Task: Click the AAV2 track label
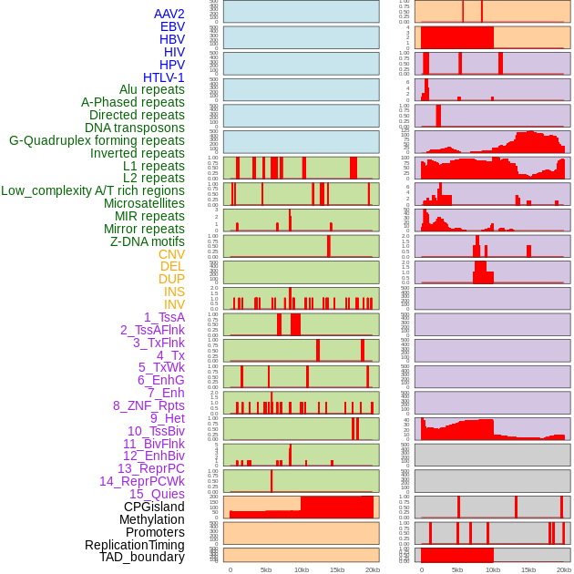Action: pyautogui.click(x=169, y=14)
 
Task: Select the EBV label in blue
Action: pyautogui.click(x=172, y=26)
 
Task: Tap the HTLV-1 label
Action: pyautogui.click(x=163, y=77)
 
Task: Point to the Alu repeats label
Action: pyautogui.click(x=151, y=89)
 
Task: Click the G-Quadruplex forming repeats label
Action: pyautogui.click(x=97, y=140)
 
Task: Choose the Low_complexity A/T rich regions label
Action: pyautogui.click(x=93, y=190)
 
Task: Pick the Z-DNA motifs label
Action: pyautogui.click(x=147, y=241)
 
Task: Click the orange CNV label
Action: pyautogui.click(x=171, y=254)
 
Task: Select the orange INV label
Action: pyautogui.click(x=174, y=304)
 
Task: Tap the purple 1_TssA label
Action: pyautogui.click(x=164, y=317)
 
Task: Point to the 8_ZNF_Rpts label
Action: pyautogui.click(x=149, y=405)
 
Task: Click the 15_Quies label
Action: pyautogui.click(x=156, y=494)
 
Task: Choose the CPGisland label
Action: pyautogui.click(x=154, y=507)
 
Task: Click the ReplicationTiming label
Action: pyautogui.click(x=134, y=545)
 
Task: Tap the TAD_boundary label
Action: pyautogui.click(x=142, y=557)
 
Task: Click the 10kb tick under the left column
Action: pyautogui.click(x=302, y=569)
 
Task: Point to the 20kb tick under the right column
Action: pyautogui.click(x=564, y=569)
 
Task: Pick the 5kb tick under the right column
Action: pyautogui.click(x=457, y=569)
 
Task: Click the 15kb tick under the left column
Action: pyautogui.click(x=337, y=569)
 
